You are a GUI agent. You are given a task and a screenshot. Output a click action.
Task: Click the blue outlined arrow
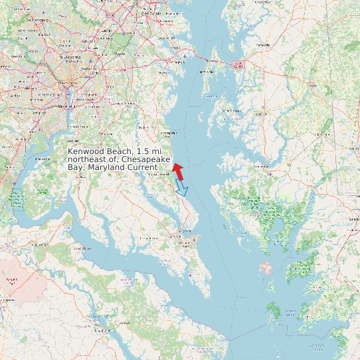(181, 189)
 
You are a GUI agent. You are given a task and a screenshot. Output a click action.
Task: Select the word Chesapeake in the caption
(147, 159)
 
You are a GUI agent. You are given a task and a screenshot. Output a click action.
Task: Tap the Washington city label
(67, 82)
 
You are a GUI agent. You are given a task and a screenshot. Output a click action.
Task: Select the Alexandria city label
(66, 105)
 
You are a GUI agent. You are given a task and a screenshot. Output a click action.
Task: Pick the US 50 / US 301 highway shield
(238, 64)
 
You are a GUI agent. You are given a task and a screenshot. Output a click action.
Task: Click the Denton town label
(311, 86)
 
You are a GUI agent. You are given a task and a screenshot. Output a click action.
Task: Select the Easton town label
(259, 114)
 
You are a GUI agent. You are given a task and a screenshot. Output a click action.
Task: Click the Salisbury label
(353, 219)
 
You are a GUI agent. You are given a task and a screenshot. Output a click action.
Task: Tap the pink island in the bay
(266, 268)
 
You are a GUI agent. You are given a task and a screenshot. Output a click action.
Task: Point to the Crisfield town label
(290, 310)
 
